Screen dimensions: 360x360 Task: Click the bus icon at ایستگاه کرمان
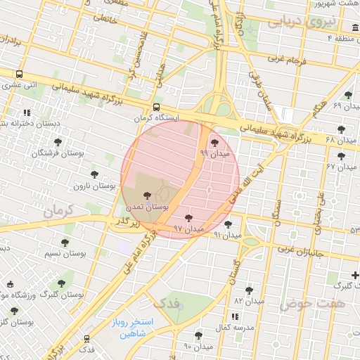tap(155, 107)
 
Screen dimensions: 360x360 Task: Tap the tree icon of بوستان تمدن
tap(147, 196)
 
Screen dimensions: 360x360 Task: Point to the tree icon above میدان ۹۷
tap(188, 218)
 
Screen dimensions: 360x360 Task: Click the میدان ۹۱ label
tap(227, 234)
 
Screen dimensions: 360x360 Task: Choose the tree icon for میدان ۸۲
tap(248, 290)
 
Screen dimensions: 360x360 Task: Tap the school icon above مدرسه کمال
tap(234, 317)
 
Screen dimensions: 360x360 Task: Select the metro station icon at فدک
tap(86, 338)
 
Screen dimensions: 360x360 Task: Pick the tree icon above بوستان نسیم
tap(65, 243)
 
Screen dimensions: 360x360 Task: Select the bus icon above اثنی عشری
tap(19, 73)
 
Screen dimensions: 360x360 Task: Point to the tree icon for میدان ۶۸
tap(342, 129)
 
